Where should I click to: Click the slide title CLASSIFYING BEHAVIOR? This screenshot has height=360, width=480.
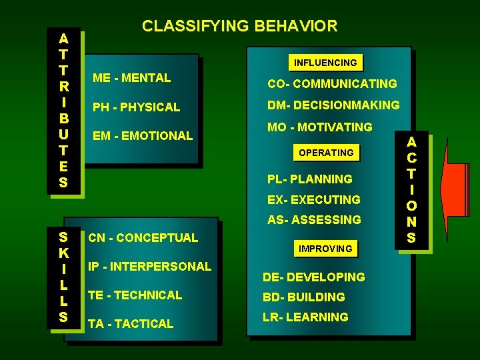[x=239, y=27]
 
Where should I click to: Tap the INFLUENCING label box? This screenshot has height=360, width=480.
[x=326, y=63]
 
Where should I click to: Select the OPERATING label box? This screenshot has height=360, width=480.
[x=326, y=153]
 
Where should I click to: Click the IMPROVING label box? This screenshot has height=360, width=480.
[x=325, y=249]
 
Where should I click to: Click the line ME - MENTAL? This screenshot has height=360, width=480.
[x=131, y=78]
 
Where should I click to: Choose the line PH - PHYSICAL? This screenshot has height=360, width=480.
[x=136, y=107]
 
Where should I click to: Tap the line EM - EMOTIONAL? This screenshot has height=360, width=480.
[x=142, y=135]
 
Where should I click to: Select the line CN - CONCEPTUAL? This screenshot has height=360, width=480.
[x=143, y=237]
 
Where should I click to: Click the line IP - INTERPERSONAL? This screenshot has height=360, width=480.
[x=149, y=266]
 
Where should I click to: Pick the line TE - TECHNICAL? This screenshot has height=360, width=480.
[x=135, y=295]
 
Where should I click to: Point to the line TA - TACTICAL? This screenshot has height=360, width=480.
[x=131, y=323]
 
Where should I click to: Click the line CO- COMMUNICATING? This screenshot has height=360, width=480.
[x=332, y=84]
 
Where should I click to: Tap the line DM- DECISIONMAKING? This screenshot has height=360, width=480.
[x=333, y=105]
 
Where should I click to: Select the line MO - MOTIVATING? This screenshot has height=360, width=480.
[x=319, y=127]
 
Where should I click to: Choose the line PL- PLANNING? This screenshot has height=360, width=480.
[x=309, y=179]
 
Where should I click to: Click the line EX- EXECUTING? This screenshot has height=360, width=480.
[x=313, y=199]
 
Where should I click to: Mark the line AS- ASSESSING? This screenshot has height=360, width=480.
[x=314, y=219]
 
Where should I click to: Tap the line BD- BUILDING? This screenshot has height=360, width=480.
[x=303, y=297]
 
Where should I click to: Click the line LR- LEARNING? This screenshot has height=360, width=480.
[x=305, y=317]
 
